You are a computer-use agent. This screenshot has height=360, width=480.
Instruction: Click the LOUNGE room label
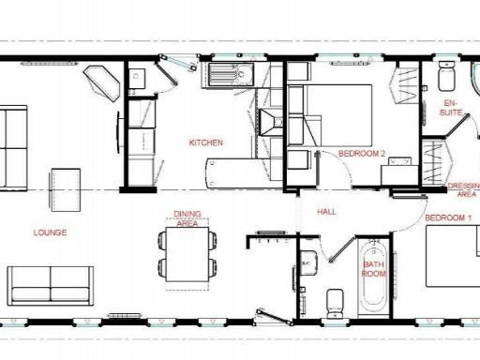(49, 232)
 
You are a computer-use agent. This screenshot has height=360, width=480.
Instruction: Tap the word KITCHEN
(205, 142)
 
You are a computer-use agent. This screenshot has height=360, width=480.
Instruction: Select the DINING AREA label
(186, 218)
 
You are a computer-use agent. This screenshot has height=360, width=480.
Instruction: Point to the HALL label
(327, 212)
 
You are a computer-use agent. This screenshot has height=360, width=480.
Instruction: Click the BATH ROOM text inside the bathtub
(375, 269)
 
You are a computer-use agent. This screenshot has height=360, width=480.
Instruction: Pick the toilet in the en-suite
(446, 74)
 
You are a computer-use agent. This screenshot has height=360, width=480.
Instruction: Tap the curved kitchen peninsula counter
(239, 172)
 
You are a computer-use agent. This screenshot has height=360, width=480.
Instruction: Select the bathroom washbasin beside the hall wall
(307, 265)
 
